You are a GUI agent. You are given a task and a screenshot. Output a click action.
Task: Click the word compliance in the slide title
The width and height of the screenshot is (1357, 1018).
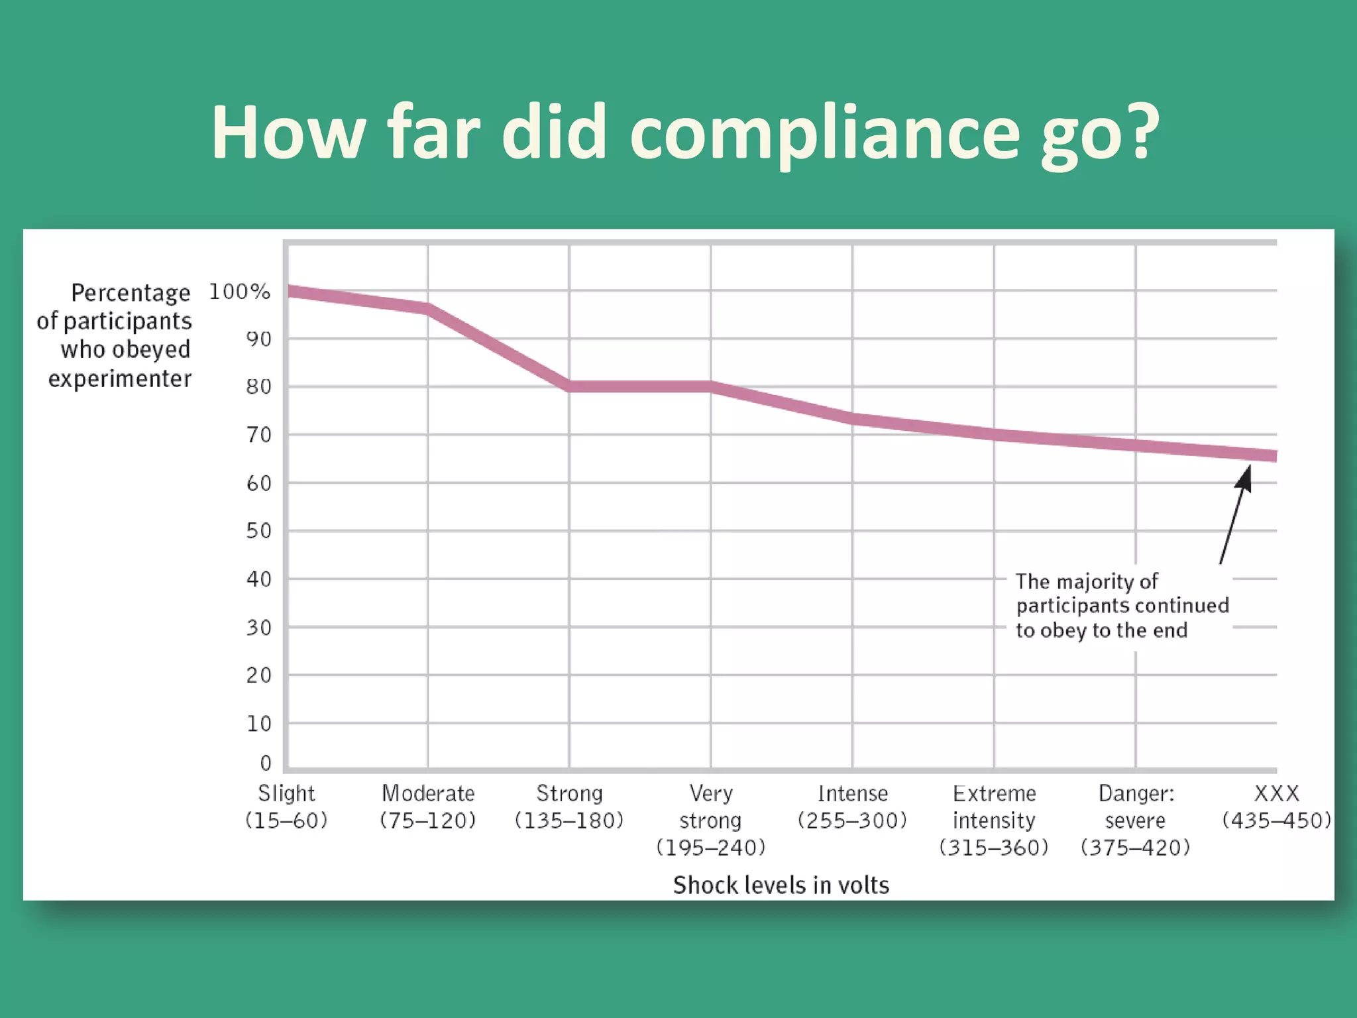coord(824,133)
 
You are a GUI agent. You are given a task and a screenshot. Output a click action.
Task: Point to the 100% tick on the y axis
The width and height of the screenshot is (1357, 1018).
coord(240,292)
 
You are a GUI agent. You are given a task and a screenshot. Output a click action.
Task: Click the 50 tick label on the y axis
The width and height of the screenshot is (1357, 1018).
coord(259,531)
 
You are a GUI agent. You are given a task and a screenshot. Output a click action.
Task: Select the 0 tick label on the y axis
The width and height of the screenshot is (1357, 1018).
coord(266,763)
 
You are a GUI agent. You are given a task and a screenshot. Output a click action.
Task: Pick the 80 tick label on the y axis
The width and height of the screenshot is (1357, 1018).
coord(259,386)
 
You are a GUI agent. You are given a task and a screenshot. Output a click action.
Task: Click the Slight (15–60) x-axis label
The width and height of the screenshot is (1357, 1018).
coord(286,807)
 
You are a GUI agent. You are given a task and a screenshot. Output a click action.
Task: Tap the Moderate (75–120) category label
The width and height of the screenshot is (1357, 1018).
coord(428,807)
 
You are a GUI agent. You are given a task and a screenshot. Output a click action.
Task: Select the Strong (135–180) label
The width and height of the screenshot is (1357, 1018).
coord(569,807)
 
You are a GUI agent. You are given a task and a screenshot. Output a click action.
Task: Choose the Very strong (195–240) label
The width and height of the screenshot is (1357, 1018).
coord(710,820)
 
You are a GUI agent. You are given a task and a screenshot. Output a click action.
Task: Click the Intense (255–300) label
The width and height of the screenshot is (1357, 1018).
coord(852,807)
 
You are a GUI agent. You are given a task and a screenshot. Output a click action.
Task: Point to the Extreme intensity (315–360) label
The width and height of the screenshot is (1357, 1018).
coord(994,820)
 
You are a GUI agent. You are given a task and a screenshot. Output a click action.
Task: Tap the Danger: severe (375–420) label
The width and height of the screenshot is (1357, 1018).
coord(1136,820)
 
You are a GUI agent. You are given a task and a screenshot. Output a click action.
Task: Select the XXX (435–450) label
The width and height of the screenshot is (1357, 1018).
coord(1276,807)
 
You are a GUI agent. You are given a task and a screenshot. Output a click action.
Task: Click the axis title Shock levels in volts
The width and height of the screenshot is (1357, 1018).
coord(781,885)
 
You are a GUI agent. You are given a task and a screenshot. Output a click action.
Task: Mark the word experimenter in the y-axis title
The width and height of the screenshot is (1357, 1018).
coord(120,378)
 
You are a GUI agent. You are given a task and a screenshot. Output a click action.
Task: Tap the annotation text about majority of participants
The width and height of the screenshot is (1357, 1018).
coord(1122,606)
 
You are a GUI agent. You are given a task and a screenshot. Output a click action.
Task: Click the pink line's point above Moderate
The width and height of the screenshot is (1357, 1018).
coord(428,309)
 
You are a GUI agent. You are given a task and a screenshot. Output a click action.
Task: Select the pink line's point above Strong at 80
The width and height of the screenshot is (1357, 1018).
coord(570,386)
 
